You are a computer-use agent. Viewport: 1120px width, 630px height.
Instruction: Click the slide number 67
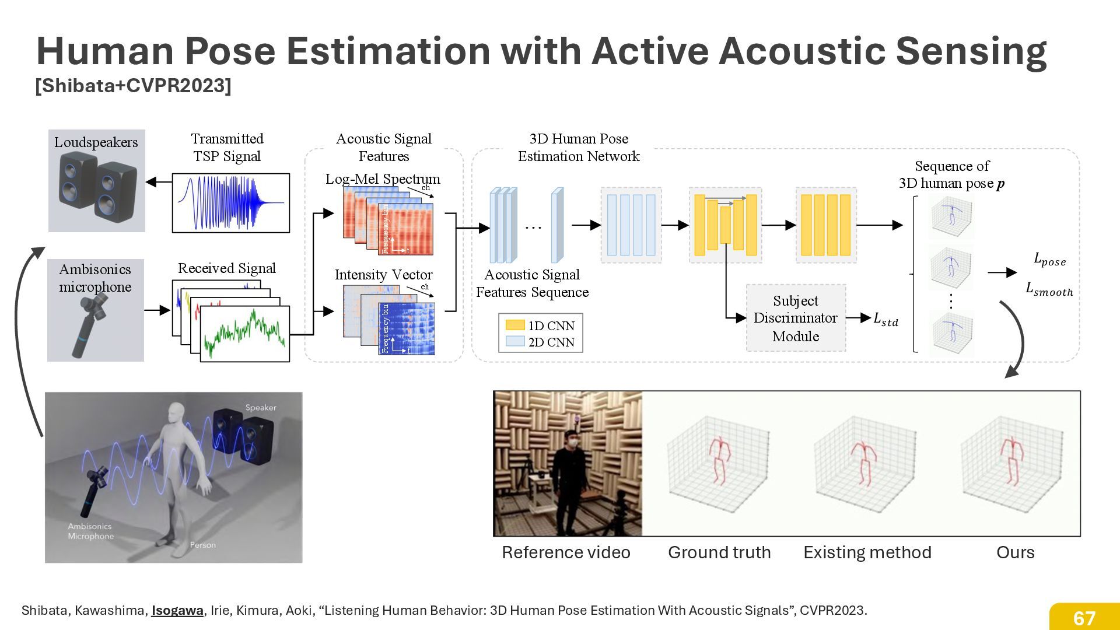click(x=1084, y=618)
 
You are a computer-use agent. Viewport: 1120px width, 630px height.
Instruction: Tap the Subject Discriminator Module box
click(x=796, y=318)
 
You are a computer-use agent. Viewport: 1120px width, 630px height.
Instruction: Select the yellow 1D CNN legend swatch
click(x=515, y=325)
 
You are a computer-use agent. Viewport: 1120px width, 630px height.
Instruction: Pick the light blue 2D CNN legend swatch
click(x=515, y=341)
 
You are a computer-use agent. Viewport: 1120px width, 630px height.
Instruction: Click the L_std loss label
click(x=885, y=318)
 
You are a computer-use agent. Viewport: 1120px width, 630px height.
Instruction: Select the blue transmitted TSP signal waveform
click(x=231, y=202)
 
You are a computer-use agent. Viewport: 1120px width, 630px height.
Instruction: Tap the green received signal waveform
click(x=245, y=333)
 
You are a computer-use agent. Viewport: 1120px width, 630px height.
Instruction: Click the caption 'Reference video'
click(x=566, y=552)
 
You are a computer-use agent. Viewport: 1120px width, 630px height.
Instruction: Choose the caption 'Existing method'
click(x=867, y=552)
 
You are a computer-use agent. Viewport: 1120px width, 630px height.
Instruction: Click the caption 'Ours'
click(x=1015, y=552)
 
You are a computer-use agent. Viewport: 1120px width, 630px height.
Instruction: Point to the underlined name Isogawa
click(x=177, y=610)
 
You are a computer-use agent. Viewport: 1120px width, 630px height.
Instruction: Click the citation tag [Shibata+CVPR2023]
click(x=133, y=86)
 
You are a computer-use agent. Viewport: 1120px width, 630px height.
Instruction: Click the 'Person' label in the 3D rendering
click(x=203, y=545)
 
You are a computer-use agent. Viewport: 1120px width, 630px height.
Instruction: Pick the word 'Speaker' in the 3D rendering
click(x=261, y=407)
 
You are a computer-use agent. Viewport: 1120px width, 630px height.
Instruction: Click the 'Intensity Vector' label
click(x=383, y=274)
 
